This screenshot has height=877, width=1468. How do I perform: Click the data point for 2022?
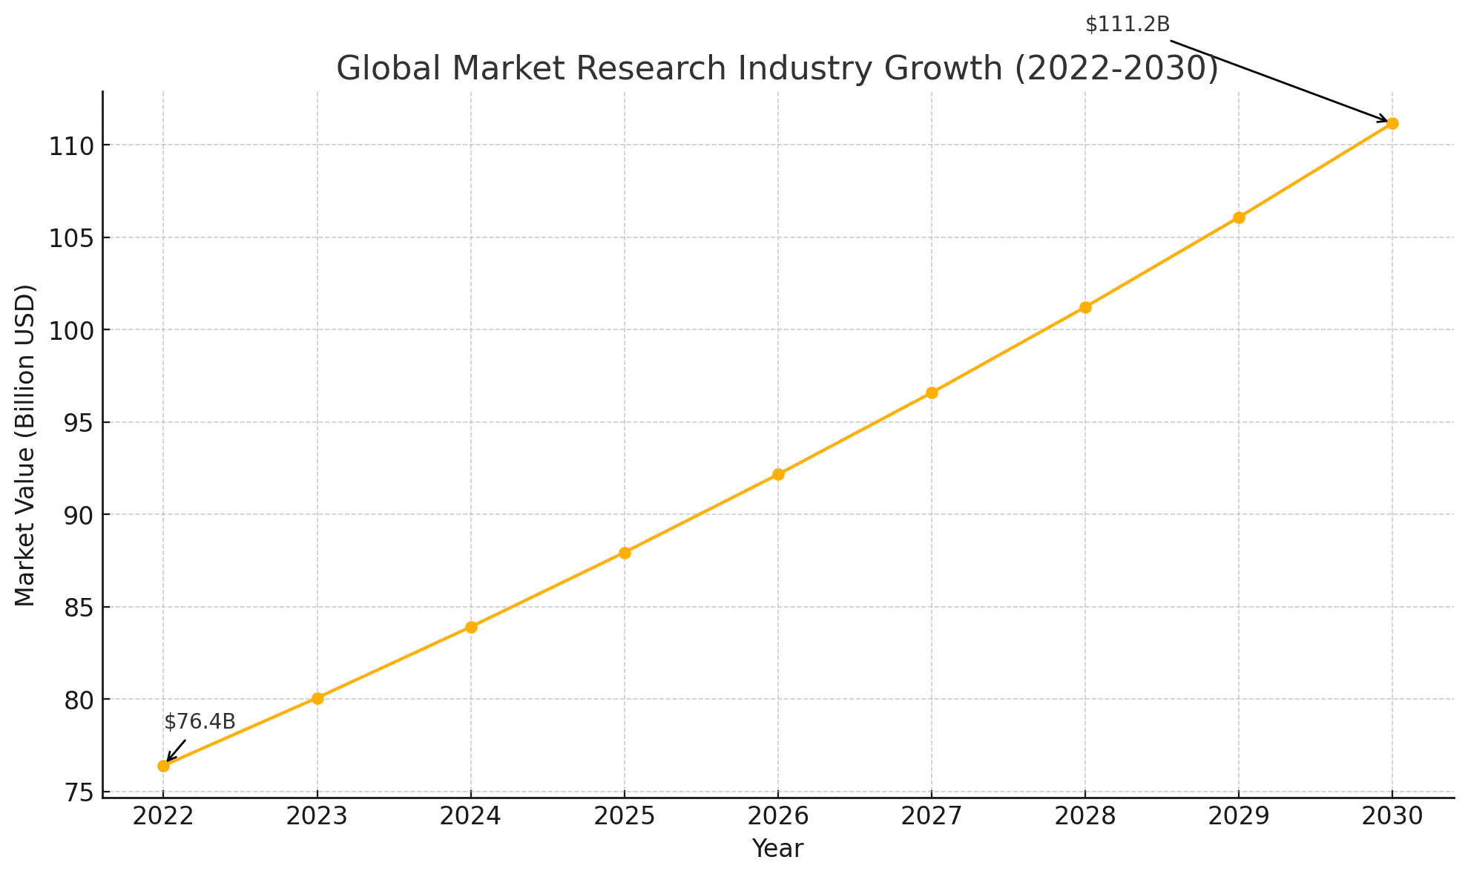point(163,766)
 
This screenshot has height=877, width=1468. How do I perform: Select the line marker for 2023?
point(317,698)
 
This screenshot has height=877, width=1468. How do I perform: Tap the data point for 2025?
point(625,553)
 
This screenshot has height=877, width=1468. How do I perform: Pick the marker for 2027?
point(932,392)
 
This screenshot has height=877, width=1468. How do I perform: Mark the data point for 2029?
point(1239,217)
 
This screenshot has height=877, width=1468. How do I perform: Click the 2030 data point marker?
point(1392,123)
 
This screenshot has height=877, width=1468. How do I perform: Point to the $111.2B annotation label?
point(1127,24)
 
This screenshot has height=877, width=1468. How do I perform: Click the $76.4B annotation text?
point(200,722)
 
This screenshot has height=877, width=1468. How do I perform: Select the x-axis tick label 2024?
point(471,817)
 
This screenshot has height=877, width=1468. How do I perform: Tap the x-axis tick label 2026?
point(778,817)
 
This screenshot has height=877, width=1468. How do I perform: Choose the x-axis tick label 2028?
point(1085,817)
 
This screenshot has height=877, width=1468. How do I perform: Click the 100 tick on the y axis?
point(70,330)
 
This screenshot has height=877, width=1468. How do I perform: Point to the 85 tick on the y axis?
point(77,608)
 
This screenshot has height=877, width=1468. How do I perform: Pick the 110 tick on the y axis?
point(70,145)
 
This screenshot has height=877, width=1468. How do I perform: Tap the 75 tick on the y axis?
point(77,792)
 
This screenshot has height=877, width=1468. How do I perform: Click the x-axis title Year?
point(777,849)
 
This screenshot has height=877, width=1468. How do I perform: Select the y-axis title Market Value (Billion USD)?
point(25,445)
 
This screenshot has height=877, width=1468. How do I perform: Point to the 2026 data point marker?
point(778,474)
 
